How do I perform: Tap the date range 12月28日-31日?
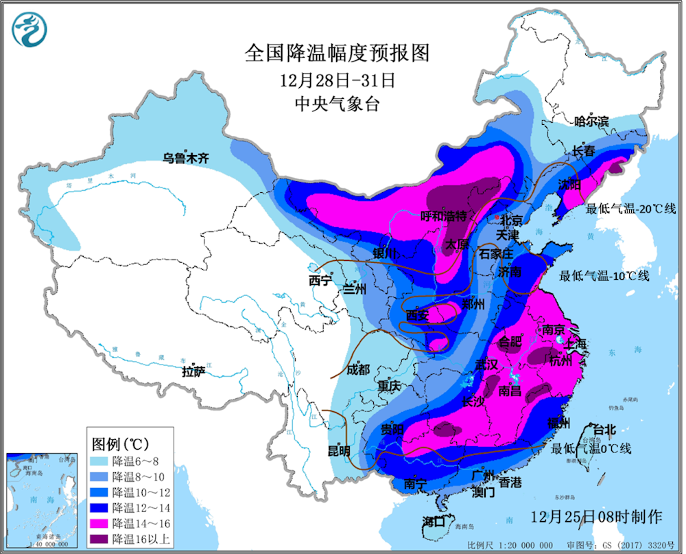337,80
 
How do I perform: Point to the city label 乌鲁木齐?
185,159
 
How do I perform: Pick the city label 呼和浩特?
447,216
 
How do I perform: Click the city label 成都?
357,369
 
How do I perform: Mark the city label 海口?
434,520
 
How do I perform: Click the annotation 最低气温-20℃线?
630,208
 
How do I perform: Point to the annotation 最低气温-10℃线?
604,276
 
